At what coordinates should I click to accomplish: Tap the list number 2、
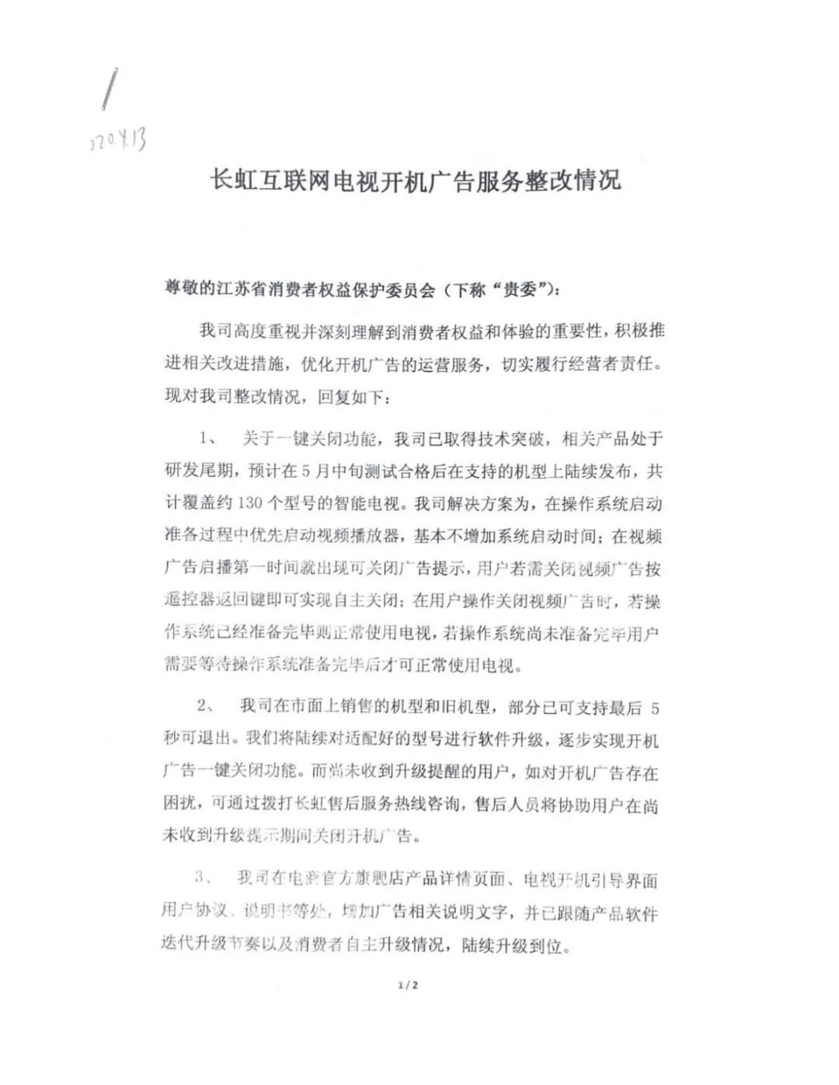[207, 706]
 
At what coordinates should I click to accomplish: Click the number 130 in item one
[250, 503]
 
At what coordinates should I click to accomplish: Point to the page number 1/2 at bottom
[408, 986]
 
